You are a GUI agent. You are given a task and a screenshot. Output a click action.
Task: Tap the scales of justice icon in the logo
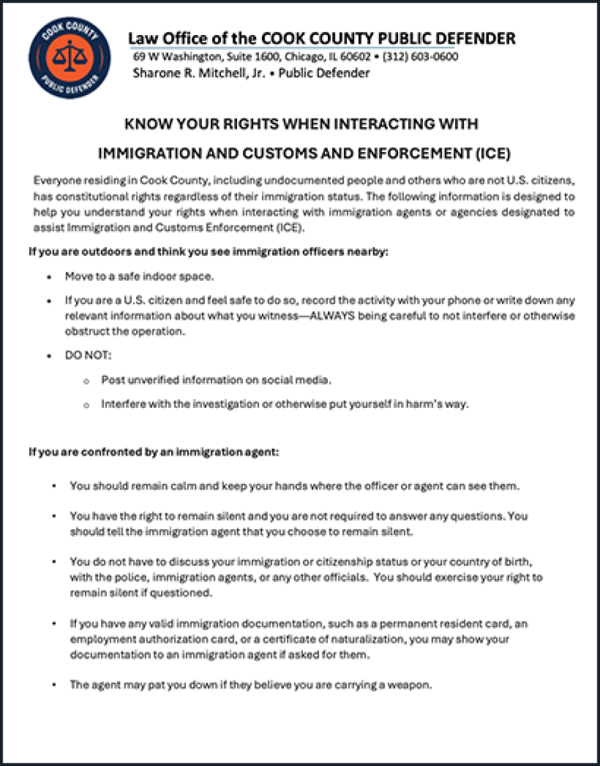tap(70, 57)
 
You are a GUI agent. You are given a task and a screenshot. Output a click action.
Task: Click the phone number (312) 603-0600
tap(420, 57)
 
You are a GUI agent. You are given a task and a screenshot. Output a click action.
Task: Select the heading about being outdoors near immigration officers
tap(208, 252)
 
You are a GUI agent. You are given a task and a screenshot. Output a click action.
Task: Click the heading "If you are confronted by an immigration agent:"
tap(154, 453)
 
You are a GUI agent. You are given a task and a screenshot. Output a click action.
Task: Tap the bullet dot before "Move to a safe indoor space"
tap(49, 278)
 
